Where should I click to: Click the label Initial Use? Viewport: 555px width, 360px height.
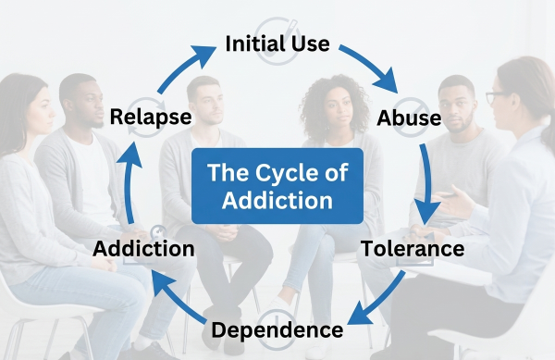pos(277,44)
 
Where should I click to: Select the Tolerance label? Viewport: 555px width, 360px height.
pos(413,249)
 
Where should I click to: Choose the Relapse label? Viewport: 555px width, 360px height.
pos(151,118)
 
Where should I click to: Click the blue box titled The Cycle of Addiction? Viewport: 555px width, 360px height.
pos(277,185)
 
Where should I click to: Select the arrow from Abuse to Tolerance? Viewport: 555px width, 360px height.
pos(425,185)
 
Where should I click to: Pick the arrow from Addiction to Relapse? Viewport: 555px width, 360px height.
pos(131,185)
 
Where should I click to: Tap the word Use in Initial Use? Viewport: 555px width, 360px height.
pos(310,44)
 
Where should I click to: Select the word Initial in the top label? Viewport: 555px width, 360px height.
pos(256,44)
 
